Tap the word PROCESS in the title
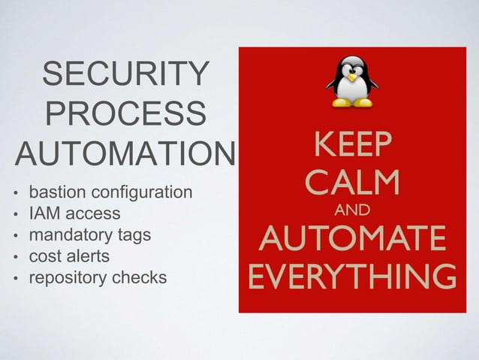coord(124,116)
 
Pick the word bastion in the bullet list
coord(54,192)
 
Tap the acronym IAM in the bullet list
coord(42,214)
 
